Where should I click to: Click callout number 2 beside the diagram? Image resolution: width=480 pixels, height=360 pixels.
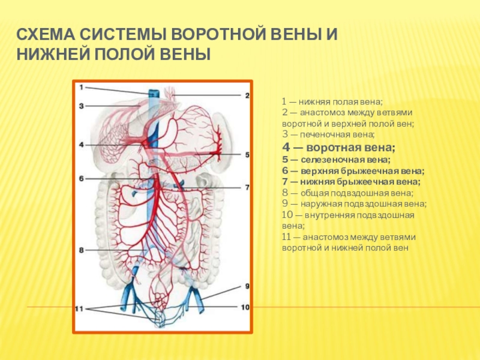(x=245, y=95)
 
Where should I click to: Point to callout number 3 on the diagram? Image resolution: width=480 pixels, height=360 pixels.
(x=80, y=106)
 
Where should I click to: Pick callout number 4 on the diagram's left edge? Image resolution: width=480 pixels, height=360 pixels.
(x=80, y=145)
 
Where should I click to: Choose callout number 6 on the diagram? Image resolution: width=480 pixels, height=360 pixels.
(x=80, y=178)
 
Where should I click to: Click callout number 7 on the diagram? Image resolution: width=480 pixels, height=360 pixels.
(x=245, y=187)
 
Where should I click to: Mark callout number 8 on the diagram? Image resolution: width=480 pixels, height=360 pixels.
(x=80, y=249)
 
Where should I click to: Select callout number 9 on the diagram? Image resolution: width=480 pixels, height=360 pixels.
(x=245, y=286)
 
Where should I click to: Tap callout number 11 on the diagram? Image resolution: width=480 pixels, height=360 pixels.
(x=80, y=308)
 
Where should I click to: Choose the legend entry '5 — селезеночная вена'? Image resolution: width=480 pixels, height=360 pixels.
(x=336, y=160)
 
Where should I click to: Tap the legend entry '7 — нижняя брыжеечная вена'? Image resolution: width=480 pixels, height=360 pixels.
(x=351, y=181)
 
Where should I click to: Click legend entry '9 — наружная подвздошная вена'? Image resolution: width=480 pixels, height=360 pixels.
(x=354, y=203)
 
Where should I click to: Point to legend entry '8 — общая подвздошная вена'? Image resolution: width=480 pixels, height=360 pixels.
(x=347, y=193)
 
